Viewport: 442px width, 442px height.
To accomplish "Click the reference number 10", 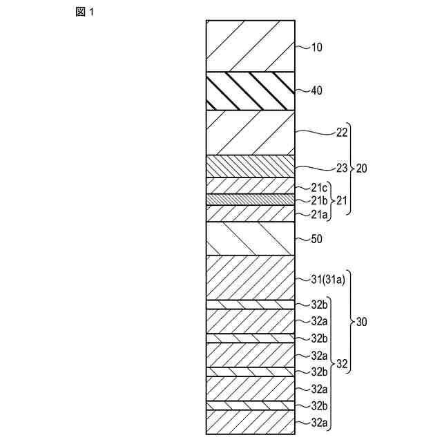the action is tap(317, 48).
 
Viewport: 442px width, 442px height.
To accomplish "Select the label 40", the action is tap(317, 90).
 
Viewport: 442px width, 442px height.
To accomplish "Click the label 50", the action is tap(317, 239).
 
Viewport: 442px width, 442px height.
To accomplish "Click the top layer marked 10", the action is tap(250, 46).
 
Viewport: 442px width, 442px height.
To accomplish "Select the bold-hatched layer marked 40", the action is tap(250, 90).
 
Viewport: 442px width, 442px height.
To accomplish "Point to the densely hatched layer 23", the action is tap(250, 166).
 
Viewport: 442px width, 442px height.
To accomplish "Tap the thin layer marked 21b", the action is tap(250, 200).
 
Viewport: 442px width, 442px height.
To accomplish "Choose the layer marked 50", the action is tap(250, 239).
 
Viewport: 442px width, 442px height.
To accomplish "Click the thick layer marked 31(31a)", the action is tap(250, 278).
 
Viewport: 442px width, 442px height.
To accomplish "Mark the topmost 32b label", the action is tap(319, 304).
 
